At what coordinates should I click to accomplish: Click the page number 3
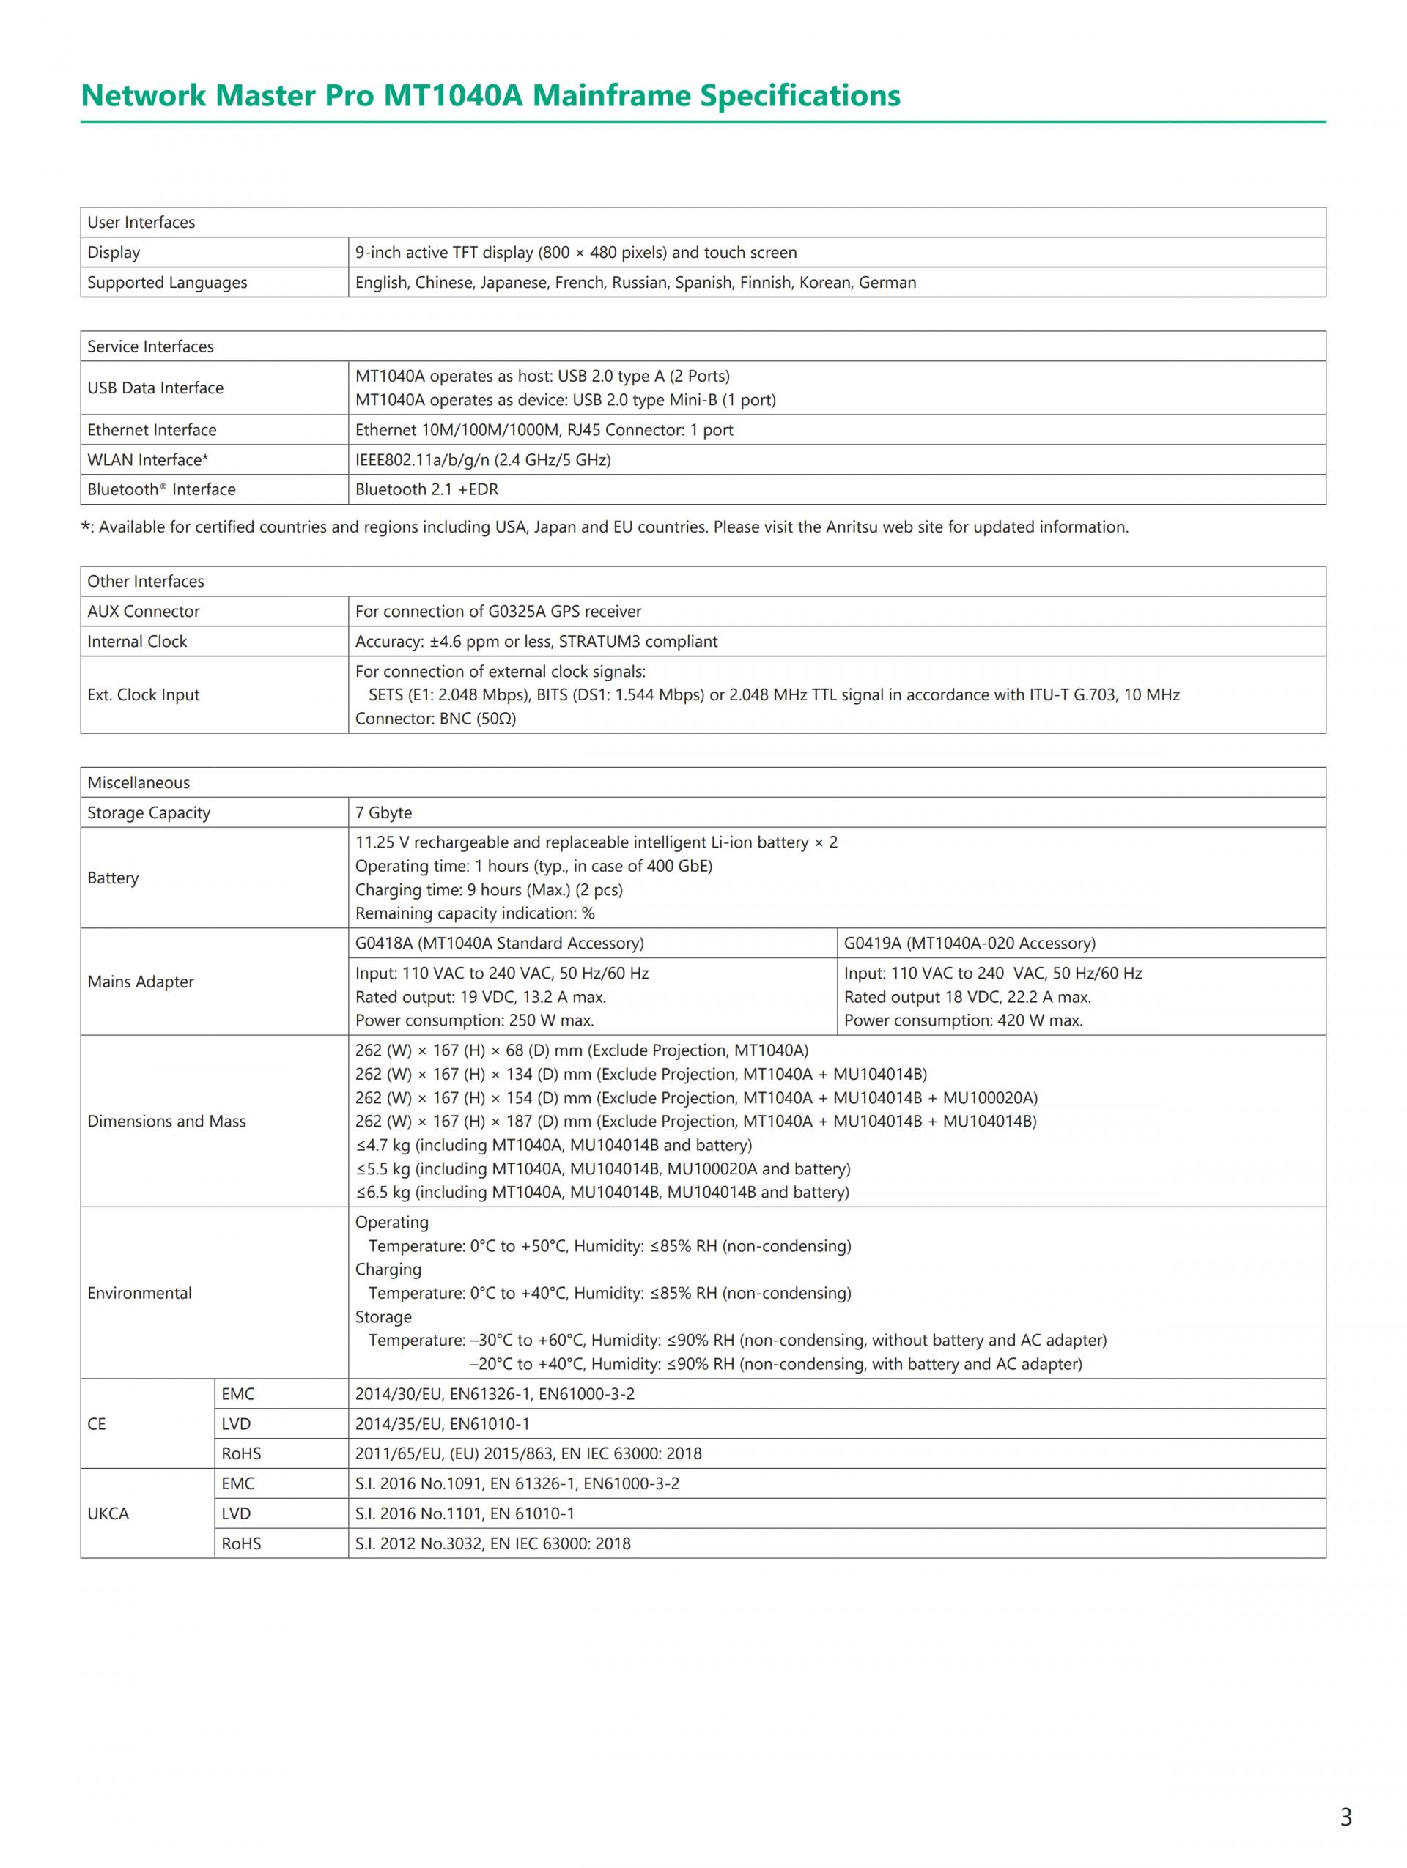point(1345,1817)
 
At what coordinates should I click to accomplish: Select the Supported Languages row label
point(167,282)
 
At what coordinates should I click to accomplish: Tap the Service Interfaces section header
point(150,346)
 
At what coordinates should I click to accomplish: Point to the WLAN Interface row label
point(148,459)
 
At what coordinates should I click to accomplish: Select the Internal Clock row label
point(137,641)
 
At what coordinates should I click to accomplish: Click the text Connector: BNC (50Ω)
point(435,719)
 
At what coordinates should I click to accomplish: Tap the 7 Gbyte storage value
point(383,812)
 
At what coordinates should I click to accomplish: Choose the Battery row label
point(112,878)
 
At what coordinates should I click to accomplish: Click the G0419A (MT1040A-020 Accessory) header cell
point(970,944)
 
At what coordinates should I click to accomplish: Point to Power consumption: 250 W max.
point(474,1020)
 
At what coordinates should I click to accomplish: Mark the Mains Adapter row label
point(140,982)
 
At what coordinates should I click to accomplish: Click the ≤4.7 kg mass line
point(553,1145)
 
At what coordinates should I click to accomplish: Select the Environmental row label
point(139,1293)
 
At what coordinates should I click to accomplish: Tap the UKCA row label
point(108,1513)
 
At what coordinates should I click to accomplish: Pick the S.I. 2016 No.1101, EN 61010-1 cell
point(465,1513)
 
